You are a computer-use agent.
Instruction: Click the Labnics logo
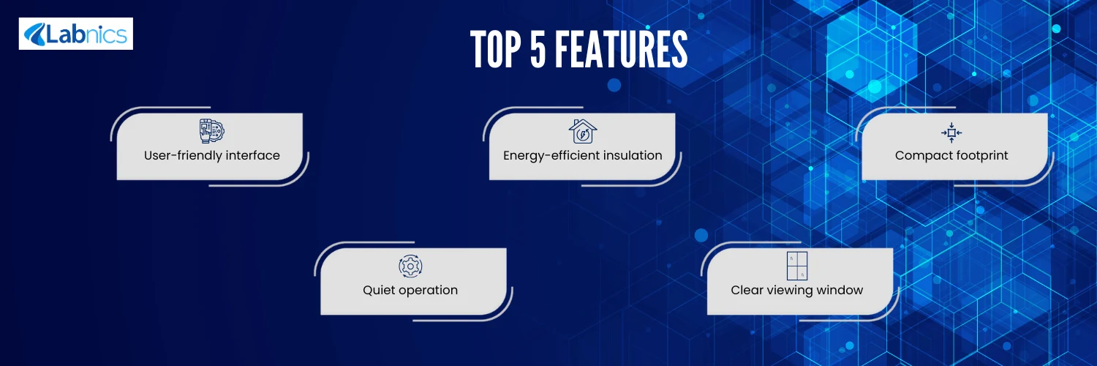tap(76, 34)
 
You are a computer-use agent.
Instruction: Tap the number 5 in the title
tap(538, 49)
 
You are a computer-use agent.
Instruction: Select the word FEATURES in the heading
tap(622, 49)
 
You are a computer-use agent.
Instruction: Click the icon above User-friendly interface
tap(211, 131)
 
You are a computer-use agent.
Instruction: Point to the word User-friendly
tap(183, 155)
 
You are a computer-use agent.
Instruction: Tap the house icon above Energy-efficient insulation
tap(583, 131)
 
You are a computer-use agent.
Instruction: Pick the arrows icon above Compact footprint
tap(951, 132)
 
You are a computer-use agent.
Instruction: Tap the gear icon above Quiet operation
tap(410, 266)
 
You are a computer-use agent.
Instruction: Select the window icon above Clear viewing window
tap(797, 266)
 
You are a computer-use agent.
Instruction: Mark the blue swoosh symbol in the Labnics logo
tap(35, 34)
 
